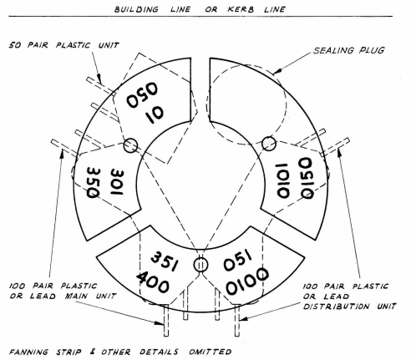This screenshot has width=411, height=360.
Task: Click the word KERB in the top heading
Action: point(241,9)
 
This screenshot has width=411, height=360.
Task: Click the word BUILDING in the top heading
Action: point(136,9)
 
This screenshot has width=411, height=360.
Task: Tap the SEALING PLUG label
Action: point(349,50)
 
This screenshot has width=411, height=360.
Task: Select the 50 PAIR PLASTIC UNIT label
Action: point(64,45)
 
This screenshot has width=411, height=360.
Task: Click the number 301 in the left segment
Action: point(117,182)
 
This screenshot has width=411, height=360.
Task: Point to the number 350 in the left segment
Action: point(93,182)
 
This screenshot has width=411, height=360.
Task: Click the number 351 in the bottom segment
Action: point(165,261)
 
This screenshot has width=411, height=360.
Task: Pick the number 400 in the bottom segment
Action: point(153,282)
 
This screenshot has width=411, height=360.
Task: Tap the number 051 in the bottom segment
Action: point(237,261)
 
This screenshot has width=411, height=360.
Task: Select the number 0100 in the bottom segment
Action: point(247,281)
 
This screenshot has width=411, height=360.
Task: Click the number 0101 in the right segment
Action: point(282,181)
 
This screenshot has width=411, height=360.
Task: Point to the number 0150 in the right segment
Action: point(307,178)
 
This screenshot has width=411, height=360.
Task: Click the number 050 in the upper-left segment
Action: point(142,95)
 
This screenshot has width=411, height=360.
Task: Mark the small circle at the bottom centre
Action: point(200,265)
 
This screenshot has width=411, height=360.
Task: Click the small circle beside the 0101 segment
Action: point(269,144)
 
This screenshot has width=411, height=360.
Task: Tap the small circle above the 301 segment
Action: point(130,145)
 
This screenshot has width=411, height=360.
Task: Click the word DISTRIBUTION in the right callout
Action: point(337,307)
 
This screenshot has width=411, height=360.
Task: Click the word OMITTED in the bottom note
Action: point(211,352)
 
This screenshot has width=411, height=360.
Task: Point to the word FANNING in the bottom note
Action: point(28,352)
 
